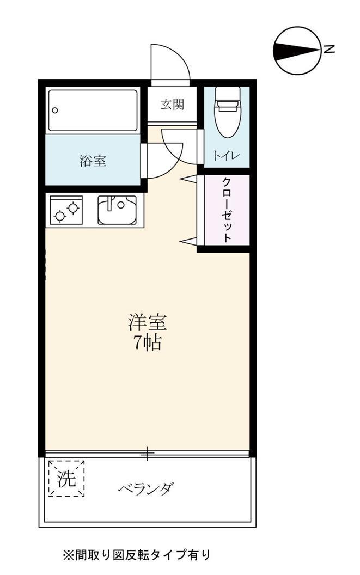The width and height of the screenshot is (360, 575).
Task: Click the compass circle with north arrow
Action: click(x=296, y=50)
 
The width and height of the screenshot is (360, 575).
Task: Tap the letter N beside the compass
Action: click(x=329, y=50)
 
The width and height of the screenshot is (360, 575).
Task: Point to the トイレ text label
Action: click(x=226, y=156)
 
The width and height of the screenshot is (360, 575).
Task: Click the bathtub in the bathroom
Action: click(x=93, y=110)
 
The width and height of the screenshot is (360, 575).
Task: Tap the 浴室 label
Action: click(x=93, y=161)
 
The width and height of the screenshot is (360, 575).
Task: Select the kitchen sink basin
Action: click(x=117, y=210)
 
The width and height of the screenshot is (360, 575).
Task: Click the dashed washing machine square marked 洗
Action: click(x=66, y=479)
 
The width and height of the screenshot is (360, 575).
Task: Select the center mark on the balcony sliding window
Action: click(x=147, y=452)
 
